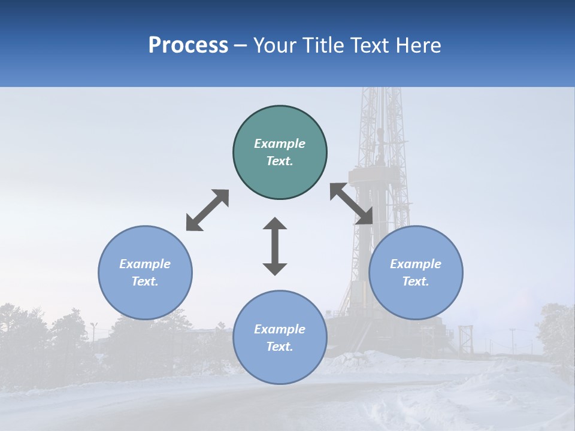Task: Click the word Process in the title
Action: pyautogui.click(x=188, y=45)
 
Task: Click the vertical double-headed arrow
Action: pyautogui.click(x=275, y=246)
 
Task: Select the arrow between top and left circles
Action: pyautogui.click(x=207, y=210)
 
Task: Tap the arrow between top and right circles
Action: pyautogui.click(x=351, y=204)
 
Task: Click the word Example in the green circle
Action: pyautogui.click(x=280, y=144)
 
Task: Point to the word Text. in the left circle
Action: pyautogui.click(x=145, y=281)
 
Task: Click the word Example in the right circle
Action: pyautogui.click(x=416, y=264)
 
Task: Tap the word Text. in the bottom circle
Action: pyautogui.click(x=280, y=347)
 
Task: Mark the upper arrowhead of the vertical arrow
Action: pyautogui.click(x=275, y=224)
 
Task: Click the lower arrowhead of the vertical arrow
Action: pyautogui.click(x=275, y=268)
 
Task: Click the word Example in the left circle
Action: pyautogui.click(x=145, y=264)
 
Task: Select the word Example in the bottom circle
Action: pyautogui.click(x=280, y=329)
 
